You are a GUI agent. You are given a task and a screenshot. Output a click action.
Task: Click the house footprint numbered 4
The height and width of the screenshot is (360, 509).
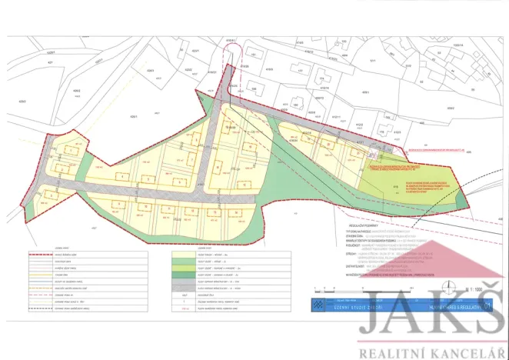(122, 175)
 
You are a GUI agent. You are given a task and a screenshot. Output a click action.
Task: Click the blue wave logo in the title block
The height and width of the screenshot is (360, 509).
(317, 305)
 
